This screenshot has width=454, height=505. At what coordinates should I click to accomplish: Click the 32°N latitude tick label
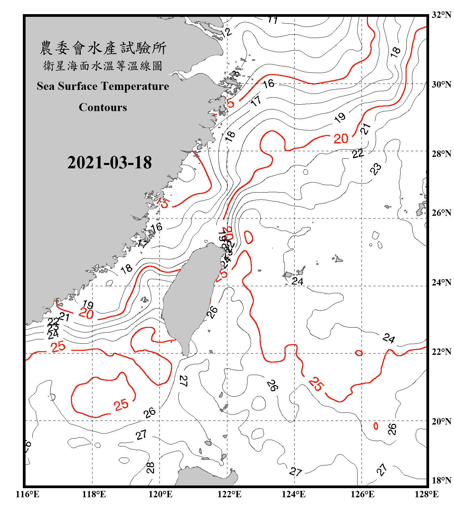[441, 15]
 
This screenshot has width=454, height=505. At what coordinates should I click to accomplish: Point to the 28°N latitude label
[441, 154]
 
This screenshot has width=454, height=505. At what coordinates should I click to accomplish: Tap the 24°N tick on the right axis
[441, 282]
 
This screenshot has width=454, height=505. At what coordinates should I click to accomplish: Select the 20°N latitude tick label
[441, 421]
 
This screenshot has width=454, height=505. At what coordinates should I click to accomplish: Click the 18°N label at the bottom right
[441, 480]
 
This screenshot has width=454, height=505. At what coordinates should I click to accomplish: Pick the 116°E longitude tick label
[28, 495]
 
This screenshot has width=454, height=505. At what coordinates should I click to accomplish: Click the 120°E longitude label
[160, 495]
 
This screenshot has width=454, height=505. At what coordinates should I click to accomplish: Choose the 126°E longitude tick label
[362, 495]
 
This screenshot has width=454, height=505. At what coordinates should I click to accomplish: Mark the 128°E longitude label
[426, 495]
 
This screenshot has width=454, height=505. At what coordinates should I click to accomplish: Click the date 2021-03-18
[109, 163]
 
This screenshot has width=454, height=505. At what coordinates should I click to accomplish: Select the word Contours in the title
[103, 107]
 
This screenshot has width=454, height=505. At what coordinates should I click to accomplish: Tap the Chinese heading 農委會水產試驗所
[103, 48]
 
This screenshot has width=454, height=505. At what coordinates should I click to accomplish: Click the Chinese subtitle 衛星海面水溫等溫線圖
[103, 66]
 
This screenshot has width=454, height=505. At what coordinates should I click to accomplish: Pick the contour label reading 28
[150, 468]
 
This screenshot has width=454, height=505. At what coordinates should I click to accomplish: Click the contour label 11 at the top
[273, 20]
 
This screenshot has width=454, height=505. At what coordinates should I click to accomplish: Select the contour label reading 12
[227, 32]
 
